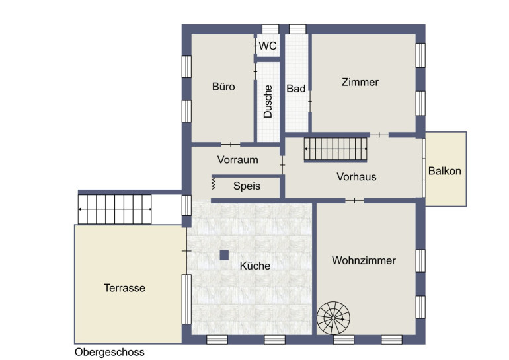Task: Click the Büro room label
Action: [x=223, y=87]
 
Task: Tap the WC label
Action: [x=268, y=46]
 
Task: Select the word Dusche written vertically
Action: [x=268, y=101]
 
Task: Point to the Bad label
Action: [x=296, y=89]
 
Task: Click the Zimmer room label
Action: [x=360, y=82]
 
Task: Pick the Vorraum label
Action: [x=237, y=160]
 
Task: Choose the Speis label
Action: [x=247, y=186]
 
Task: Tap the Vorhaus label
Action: [x=356, y=177]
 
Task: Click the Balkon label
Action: [x=445, y=171]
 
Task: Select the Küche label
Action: [x=255, y=266]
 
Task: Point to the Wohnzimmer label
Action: [x=364, y=260]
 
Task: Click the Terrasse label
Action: [x=124, y=288]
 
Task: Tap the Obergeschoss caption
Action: [x=109, y=352]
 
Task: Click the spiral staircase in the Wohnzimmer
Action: [x=333, y=318]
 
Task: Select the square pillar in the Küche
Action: [x=224, y=255]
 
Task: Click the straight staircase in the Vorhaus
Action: [x=335, y=149]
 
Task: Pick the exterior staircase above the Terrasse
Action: [x=115, y=209]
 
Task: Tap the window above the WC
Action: [x=270, y=29]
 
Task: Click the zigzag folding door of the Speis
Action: [x=214, y=183]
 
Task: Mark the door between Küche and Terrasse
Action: [x=186, y=251]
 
